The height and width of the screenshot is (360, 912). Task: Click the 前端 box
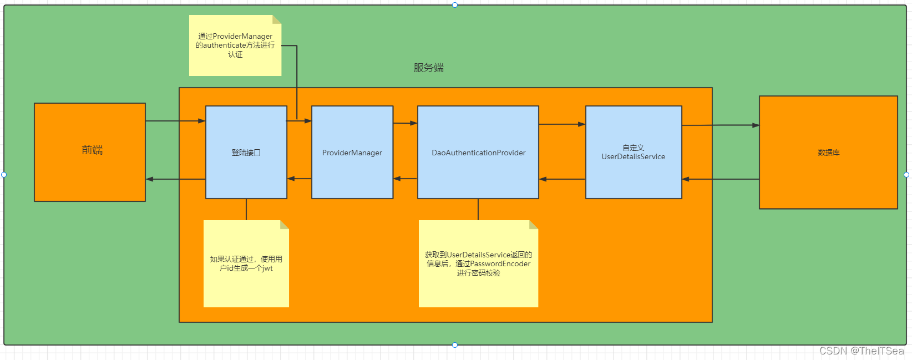(90, 152)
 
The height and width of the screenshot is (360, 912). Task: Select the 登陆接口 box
(246, 153)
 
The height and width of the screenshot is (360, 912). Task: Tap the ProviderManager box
(352, 153)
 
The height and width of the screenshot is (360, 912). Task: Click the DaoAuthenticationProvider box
(478, 153)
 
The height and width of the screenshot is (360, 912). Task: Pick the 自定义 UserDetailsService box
(634, 153)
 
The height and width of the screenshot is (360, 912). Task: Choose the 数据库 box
(828, 153)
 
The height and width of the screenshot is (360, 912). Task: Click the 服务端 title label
(428, 68)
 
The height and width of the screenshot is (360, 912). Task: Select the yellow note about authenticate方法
(235, 45)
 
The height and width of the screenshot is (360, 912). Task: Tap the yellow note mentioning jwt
(246, 263)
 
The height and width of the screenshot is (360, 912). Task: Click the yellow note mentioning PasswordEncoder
(478, 263)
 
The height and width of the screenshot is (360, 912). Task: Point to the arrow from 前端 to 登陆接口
(175, 121)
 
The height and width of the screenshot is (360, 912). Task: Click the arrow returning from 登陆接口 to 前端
(175, 179)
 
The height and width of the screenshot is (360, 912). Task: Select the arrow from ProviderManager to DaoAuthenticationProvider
(405, 123)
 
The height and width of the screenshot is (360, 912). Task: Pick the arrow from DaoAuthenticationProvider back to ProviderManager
(405, 179)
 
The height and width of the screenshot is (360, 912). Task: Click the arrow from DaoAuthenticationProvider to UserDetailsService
(562, 124)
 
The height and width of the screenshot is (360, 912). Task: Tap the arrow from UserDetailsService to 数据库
(720, 125)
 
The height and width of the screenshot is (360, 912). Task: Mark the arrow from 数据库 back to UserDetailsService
(720, 179)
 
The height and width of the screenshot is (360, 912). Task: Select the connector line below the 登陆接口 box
(246, 209)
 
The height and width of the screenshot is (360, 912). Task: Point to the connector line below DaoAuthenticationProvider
(478, 209)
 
